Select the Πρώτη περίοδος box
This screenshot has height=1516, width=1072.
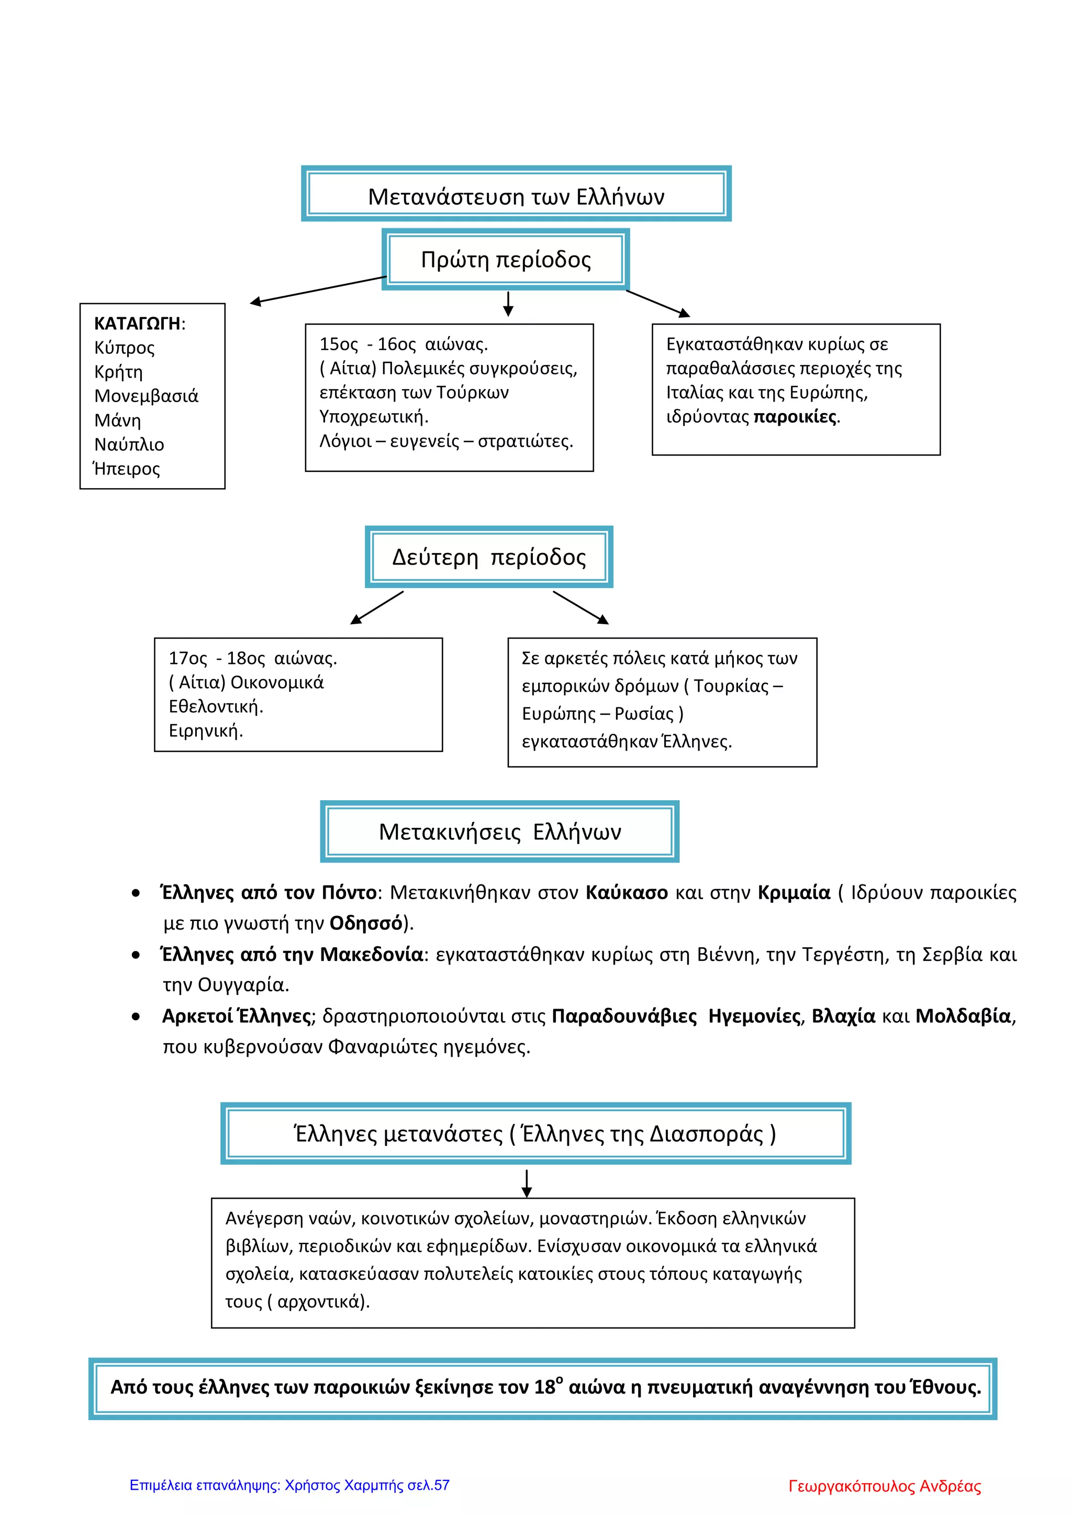point(506,260)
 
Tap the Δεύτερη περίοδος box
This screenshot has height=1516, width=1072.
point(488,557)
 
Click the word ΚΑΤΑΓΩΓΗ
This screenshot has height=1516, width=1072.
point(137,324)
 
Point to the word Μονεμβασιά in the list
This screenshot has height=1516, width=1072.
point(146,396)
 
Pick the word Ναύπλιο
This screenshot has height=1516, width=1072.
point(129,445)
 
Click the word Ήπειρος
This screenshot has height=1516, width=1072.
point(127,469)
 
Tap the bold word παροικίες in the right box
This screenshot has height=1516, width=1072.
point(795,417)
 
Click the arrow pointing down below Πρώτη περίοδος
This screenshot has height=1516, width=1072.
point(508,304)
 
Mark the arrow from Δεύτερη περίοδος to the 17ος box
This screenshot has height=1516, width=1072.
point(376,607)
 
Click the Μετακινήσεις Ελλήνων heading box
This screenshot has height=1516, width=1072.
point(500,831)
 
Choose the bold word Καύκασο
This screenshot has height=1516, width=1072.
point(627,893)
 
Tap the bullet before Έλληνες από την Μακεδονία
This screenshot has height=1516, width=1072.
point(136,955)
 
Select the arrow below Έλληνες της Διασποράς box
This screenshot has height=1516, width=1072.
point(526,1183)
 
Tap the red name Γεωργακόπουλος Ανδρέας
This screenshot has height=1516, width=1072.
point(885,1486)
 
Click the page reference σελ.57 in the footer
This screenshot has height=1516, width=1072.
point(428,1486)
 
